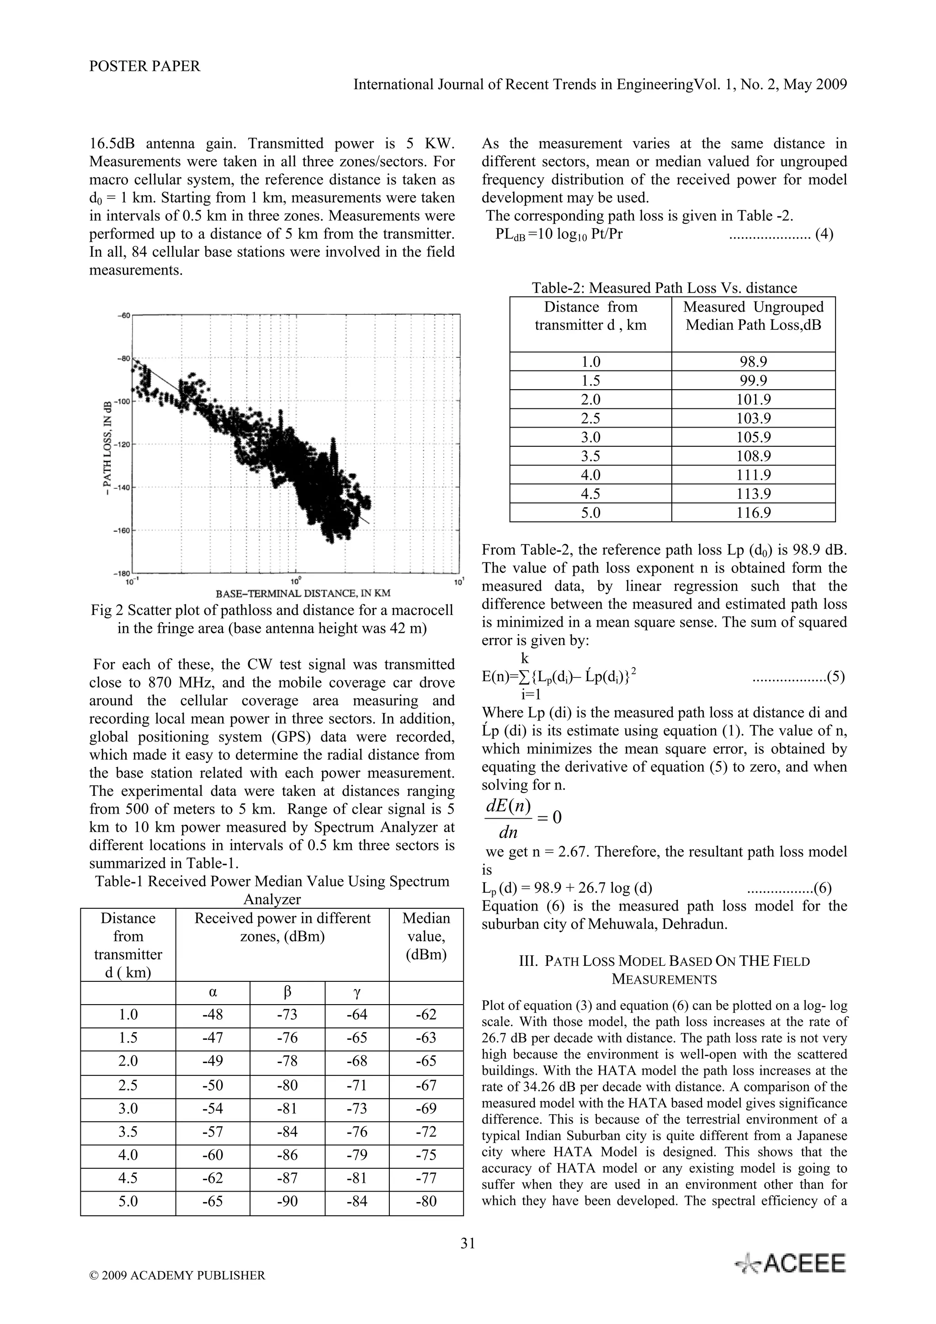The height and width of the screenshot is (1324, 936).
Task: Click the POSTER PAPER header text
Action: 145,66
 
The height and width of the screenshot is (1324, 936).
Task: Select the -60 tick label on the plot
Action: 125,315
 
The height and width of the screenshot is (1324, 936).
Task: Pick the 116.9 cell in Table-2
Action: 753,513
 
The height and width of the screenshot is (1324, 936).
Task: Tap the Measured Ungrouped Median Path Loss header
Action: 753,316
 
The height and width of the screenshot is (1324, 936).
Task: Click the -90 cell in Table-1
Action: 287,1202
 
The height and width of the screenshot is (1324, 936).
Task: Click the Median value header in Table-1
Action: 426,937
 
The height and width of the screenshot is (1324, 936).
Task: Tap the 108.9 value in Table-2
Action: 753,456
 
